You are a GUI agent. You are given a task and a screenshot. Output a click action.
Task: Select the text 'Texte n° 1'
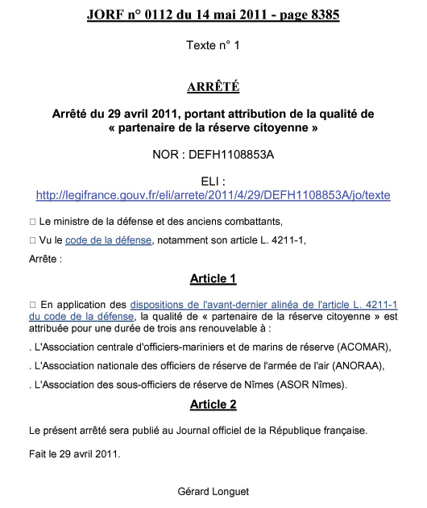coord(213,45)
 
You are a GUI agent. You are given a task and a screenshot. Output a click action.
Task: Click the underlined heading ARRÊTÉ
coord(213,86)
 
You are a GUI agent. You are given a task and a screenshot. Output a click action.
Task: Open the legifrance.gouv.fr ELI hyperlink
coord(213,195)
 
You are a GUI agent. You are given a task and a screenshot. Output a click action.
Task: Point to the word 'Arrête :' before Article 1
coord(45,259)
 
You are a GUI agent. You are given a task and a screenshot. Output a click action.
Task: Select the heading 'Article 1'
coord(213,279)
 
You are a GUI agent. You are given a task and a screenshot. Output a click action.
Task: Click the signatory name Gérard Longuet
coord(213,489)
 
